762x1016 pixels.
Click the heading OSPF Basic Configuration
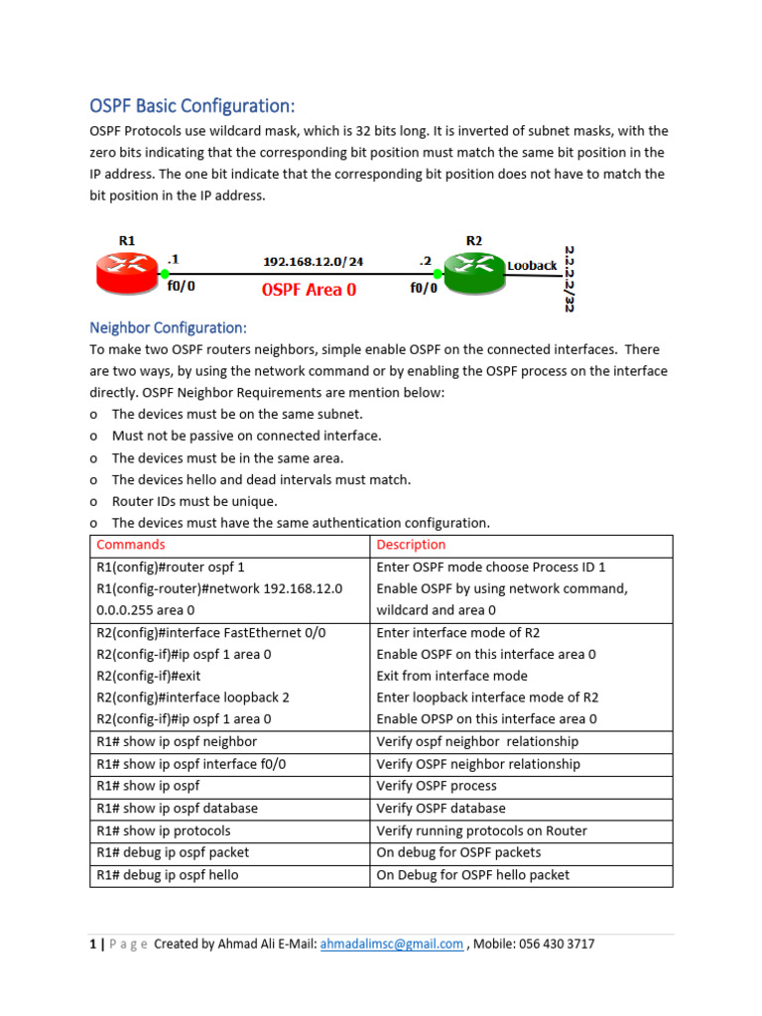[192, 106]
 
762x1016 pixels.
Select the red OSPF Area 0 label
[309, 290]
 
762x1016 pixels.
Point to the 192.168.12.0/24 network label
[313, 262]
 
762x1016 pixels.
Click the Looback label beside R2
[532, 266]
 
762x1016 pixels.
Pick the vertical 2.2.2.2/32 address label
[570, 278]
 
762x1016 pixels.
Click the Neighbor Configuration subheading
[168, 327]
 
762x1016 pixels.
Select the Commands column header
[130, 545]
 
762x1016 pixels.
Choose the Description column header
[411, 545]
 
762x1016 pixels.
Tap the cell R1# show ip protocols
[163, 830]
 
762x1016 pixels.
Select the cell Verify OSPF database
[441, 809]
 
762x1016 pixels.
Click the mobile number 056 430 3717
[550, 945]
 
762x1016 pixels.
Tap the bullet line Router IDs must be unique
[194, 501]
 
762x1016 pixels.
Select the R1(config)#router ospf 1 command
[170, 568]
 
